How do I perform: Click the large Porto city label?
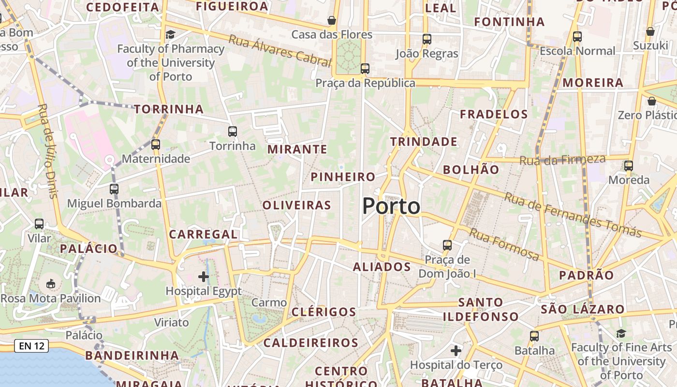(391, 207)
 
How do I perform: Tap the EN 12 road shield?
(31, 346)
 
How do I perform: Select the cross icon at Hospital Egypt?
(204, 277)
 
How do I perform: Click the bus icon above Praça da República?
(365, 69)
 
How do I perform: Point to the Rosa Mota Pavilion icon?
(51, 283)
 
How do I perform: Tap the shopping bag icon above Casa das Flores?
(332, 20)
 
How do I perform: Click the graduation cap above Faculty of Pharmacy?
(170, 34)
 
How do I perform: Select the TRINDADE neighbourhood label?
(424, 142)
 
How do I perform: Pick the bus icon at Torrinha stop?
(233, 131)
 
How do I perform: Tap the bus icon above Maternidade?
(155, 144)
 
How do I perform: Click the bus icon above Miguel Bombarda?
(114, 189)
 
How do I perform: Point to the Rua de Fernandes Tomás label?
(573, 215)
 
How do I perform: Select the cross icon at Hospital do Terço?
(456, 350)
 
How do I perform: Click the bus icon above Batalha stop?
(534, 336)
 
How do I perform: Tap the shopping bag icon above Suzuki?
(650, 31)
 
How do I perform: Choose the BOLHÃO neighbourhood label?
(471, 170)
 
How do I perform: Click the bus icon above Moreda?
(629, 165)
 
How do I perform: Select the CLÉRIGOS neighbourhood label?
(324, 312)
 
